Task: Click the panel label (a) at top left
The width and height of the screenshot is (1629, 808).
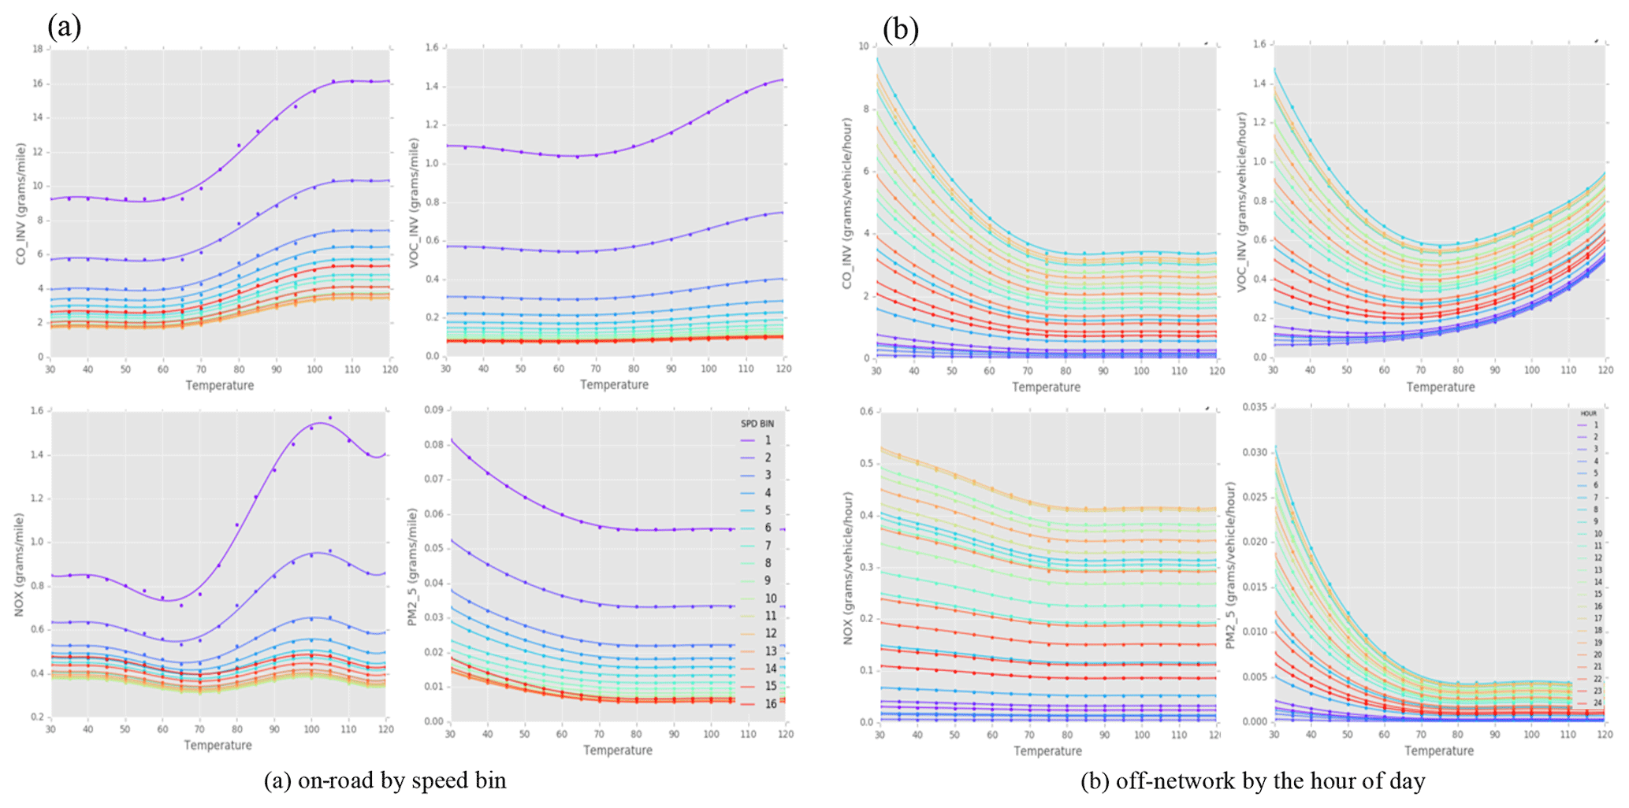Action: (x=65, y=28)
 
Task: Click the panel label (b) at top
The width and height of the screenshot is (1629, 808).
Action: (x=900, y=30)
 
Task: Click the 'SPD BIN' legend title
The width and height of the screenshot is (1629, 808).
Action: (x=757, y=424)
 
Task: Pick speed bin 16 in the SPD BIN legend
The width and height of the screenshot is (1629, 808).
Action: (x=770, y=704)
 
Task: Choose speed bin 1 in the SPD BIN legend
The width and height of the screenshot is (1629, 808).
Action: (x=768, y=440)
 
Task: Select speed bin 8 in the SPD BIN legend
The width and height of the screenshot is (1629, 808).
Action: (x=768, y=563)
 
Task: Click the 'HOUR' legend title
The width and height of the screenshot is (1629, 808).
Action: (x=1588, y=413)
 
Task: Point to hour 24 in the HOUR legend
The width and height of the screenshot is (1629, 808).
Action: (x=1597, y=703)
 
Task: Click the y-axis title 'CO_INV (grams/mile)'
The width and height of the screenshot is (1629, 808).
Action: (x=21, y=203)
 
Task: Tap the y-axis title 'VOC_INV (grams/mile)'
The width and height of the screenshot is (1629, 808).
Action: (x=413, y=203)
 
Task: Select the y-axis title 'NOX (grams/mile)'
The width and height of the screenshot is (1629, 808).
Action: (x=19, y=565)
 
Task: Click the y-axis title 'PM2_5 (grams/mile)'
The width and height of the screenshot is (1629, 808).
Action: (x=412, y=567)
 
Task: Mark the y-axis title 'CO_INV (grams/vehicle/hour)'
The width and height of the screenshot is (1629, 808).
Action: (x=848, y=203)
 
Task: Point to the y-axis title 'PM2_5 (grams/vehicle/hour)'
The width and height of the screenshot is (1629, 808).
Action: (x=1230, y=565)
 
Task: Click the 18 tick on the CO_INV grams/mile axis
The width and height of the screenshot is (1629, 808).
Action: (x=37, y=49)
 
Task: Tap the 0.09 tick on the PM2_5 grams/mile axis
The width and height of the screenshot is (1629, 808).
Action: (x=433, y=410)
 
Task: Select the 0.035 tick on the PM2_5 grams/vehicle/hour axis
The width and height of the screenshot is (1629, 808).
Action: (x=1255, y=407)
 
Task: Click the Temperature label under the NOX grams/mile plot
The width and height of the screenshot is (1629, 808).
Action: (x=218, y=745)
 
